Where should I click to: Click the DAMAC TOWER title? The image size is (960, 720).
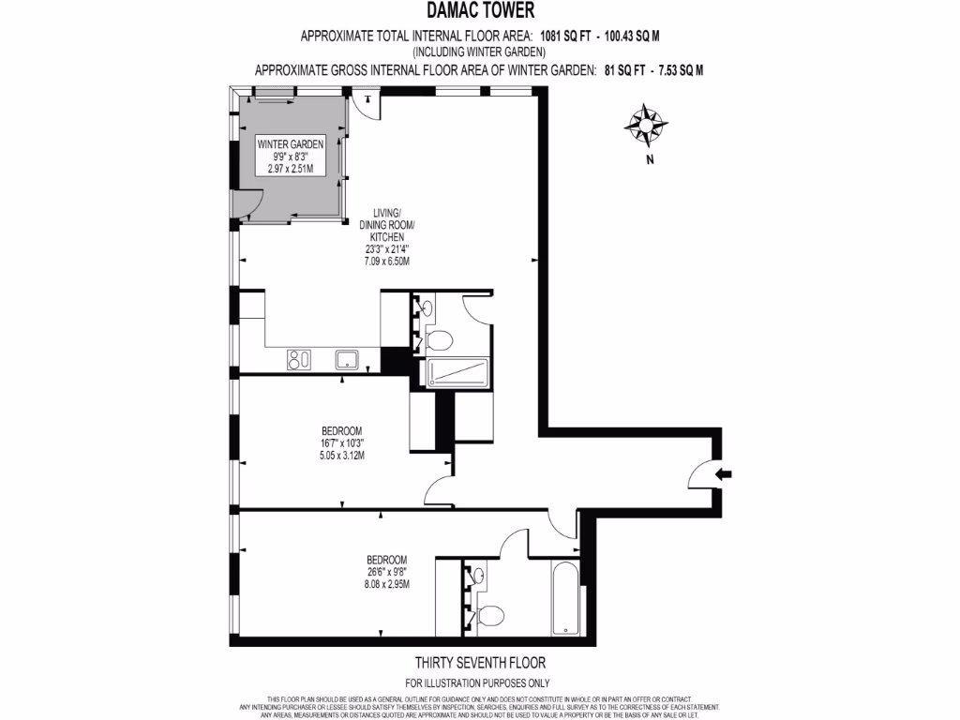coord(480,11)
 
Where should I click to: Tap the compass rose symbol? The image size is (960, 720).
coord(647,124)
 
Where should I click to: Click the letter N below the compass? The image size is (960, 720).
coord(648,160)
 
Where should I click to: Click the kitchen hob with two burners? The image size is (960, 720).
coord(298,358)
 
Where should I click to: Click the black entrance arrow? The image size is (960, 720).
coord(725,474)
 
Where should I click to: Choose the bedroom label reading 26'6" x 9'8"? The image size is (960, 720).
coord(388,571)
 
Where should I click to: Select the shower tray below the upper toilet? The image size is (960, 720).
coord(458,373)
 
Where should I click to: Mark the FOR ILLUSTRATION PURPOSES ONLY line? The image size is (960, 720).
coord(477,683)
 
